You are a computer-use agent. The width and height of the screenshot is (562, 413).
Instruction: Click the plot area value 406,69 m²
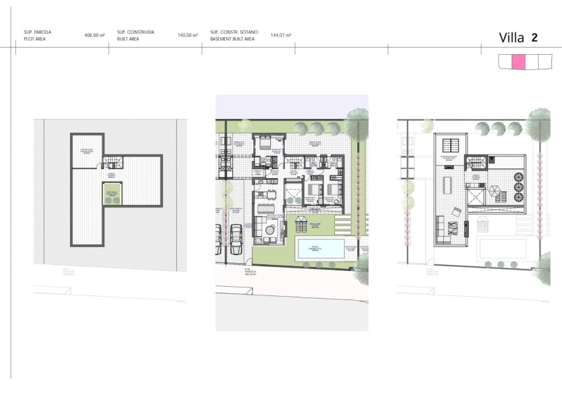coord(94,35)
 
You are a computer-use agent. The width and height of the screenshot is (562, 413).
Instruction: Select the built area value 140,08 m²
coord(188,35)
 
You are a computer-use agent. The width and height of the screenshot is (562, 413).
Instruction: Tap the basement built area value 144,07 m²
coord(281,35)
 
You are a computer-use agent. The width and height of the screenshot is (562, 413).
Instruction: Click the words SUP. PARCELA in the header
coord(37,32)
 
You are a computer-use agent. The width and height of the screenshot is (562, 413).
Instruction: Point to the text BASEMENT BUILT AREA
coord(232,39)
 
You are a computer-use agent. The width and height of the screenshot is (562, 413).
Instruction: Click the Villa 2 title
coord(518,38)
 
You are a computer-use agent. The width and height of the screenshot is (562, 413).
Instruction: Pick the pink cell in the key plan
coord(518,61)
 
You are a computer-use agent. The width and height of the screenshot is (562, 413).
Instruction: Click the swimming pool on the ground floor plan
coord(319,250)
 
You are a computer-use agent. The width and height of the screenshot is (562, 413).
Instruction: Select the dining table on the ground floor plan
coord(266,208)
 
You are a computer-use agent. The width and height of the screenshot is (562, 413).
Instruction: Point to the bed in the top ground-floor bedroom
coord(264,142)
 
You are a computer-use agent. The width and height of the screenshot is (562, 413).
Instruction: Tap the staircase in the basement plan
coord(113,163)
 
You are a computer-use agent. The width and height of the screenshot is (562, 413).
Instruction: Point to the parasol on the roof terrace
coord(495,193)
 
